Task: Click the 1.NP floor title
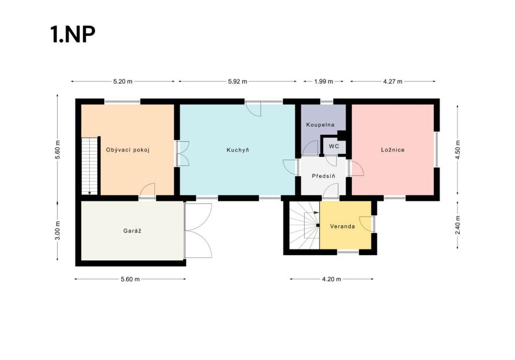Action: [x=73, y=34]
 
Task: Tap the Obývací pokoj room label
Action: [x=128, y=150]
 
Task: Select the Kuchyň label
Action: [x=238, y=150]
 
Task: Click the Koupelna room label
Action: [x=320, y=125]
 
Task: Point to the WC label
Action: [x=334, y=146]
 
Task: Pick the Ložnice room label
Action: [x=393, y=150]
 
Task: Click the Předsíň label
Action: [x=324, y=176]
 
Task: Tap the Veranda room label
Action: [x=342, y=226]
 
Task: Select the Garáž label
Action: [x=132, y=231]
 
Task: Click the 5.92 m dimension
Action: [x=237, y=81]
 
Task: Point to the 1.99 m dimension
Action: [x=324, y=81]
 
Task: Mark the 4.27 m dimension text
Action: [x=393, y=81]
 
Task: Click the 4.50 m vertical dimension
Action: [x=458, y=150]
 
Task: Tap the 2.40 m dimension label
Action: [x=458, y=225]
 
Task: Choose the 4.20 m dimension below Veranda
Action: [x=332, y=279]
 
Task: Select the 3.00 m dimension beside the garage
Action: [x=58, y=231]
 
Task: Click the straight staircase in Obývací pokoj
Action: [x=90, y=166]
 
